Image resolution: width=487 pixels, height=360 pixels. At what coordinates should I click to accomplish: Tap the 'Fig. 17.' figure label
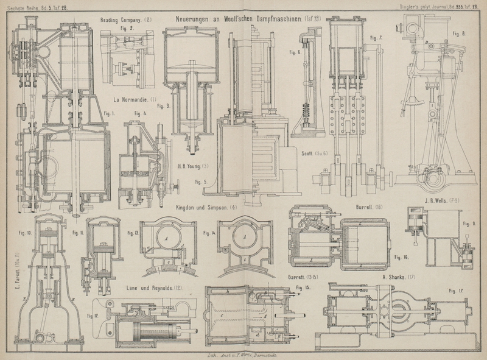[455, 291]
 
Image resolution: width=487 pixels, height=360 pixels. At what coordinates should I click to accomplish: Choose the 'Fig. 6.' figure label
[295, 52]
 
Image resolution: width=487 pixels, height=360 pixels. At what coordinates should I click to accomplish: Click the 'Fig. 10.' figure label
[26, 233]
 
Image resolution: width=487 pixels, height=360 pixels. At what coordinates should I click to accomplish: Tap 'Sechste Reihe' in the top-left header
[21, 6]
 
